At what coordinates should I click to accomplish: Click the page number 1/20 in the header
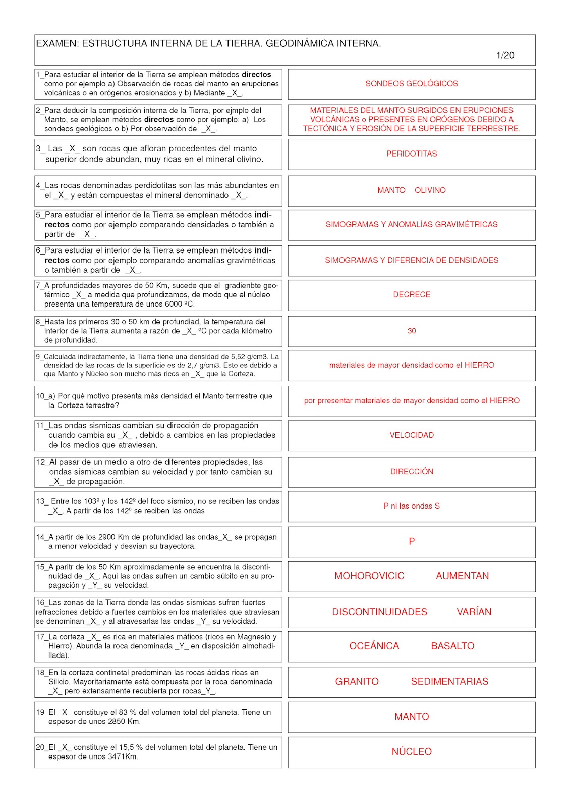(x=505, y=55)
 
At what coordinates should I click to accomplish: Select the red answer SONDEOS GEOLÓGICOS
(x=412, y=84)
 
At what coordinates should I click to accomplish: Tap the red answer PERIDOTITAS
(x=412, y=154)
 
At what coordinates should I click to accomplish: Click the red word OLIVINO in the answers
(x=430, y=190)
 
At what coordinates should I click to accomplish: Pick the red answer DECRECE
(x=412, y=295)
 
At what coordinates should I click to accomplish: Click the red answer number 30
(x=412, y=331)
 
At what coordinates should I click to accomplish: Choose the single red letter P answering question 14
(x=412, y=541)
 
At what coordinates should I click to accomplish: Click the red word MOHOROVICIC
(x=369, y=576)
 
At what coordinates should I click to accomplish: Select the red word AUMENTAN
(x=462, y=576)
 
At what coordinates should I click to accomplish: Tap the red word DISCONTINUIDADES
(x=379, y=612)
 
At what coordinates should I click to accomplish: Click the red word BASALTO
(x=452, y=646)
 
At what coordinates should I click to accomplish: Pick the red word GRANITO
(x=357, y=682)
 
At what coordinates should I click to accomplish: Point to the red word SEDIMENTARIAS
(x=449, y=682)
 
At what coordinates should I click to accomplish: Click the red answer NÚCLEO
(x=412, y=752)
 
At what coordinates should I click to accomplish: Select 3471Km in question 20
(x=123, y=756)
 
